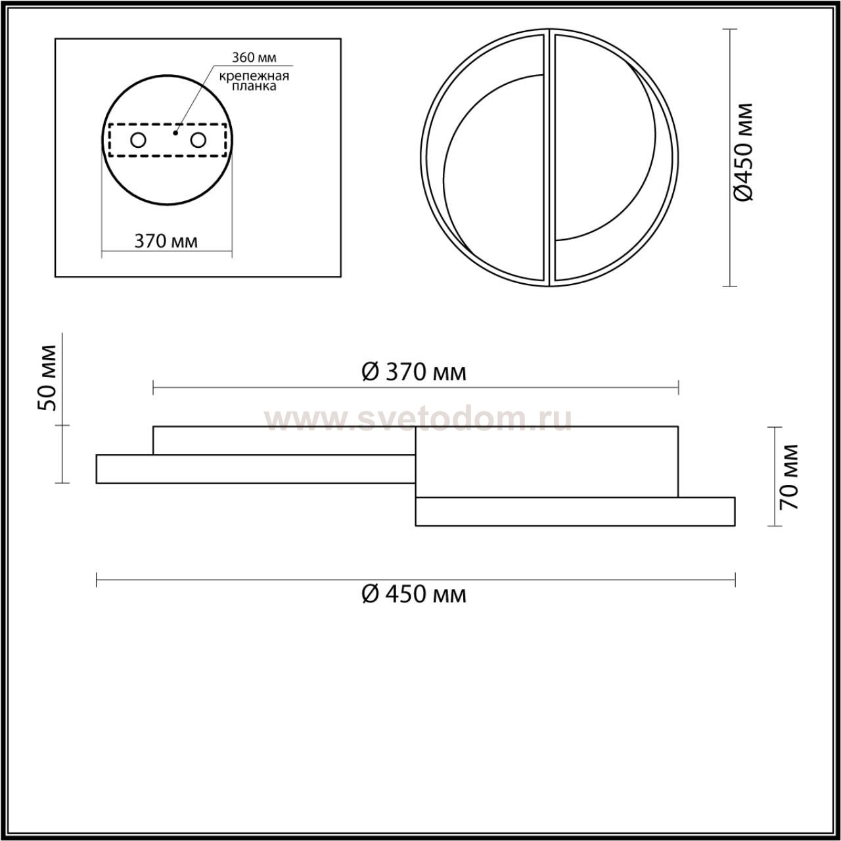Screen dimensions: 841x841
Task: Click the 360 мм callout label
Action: coord(254,57)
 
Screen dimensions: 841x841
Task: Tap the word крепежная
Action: coord(254,76)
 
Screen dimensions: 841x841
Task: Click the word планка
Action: coord(254,86)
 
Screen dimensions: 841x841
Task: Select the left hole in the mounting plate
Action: coord(139,141)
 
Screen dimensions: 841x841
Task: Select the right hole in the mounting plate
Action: coord(198,141)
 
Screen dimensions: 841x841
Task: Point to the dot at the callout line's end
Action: coord(175,133)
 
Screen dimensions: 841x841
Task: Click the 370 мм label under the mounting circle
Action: coord(166,241)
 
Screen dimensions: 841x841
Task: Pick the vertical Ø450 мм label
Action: coord(742,152)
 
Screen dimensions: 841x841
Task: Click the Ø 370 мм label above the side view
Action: coord(414,373)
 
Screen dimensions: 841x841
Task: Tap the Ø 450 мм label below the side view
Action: coord(414,594)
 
